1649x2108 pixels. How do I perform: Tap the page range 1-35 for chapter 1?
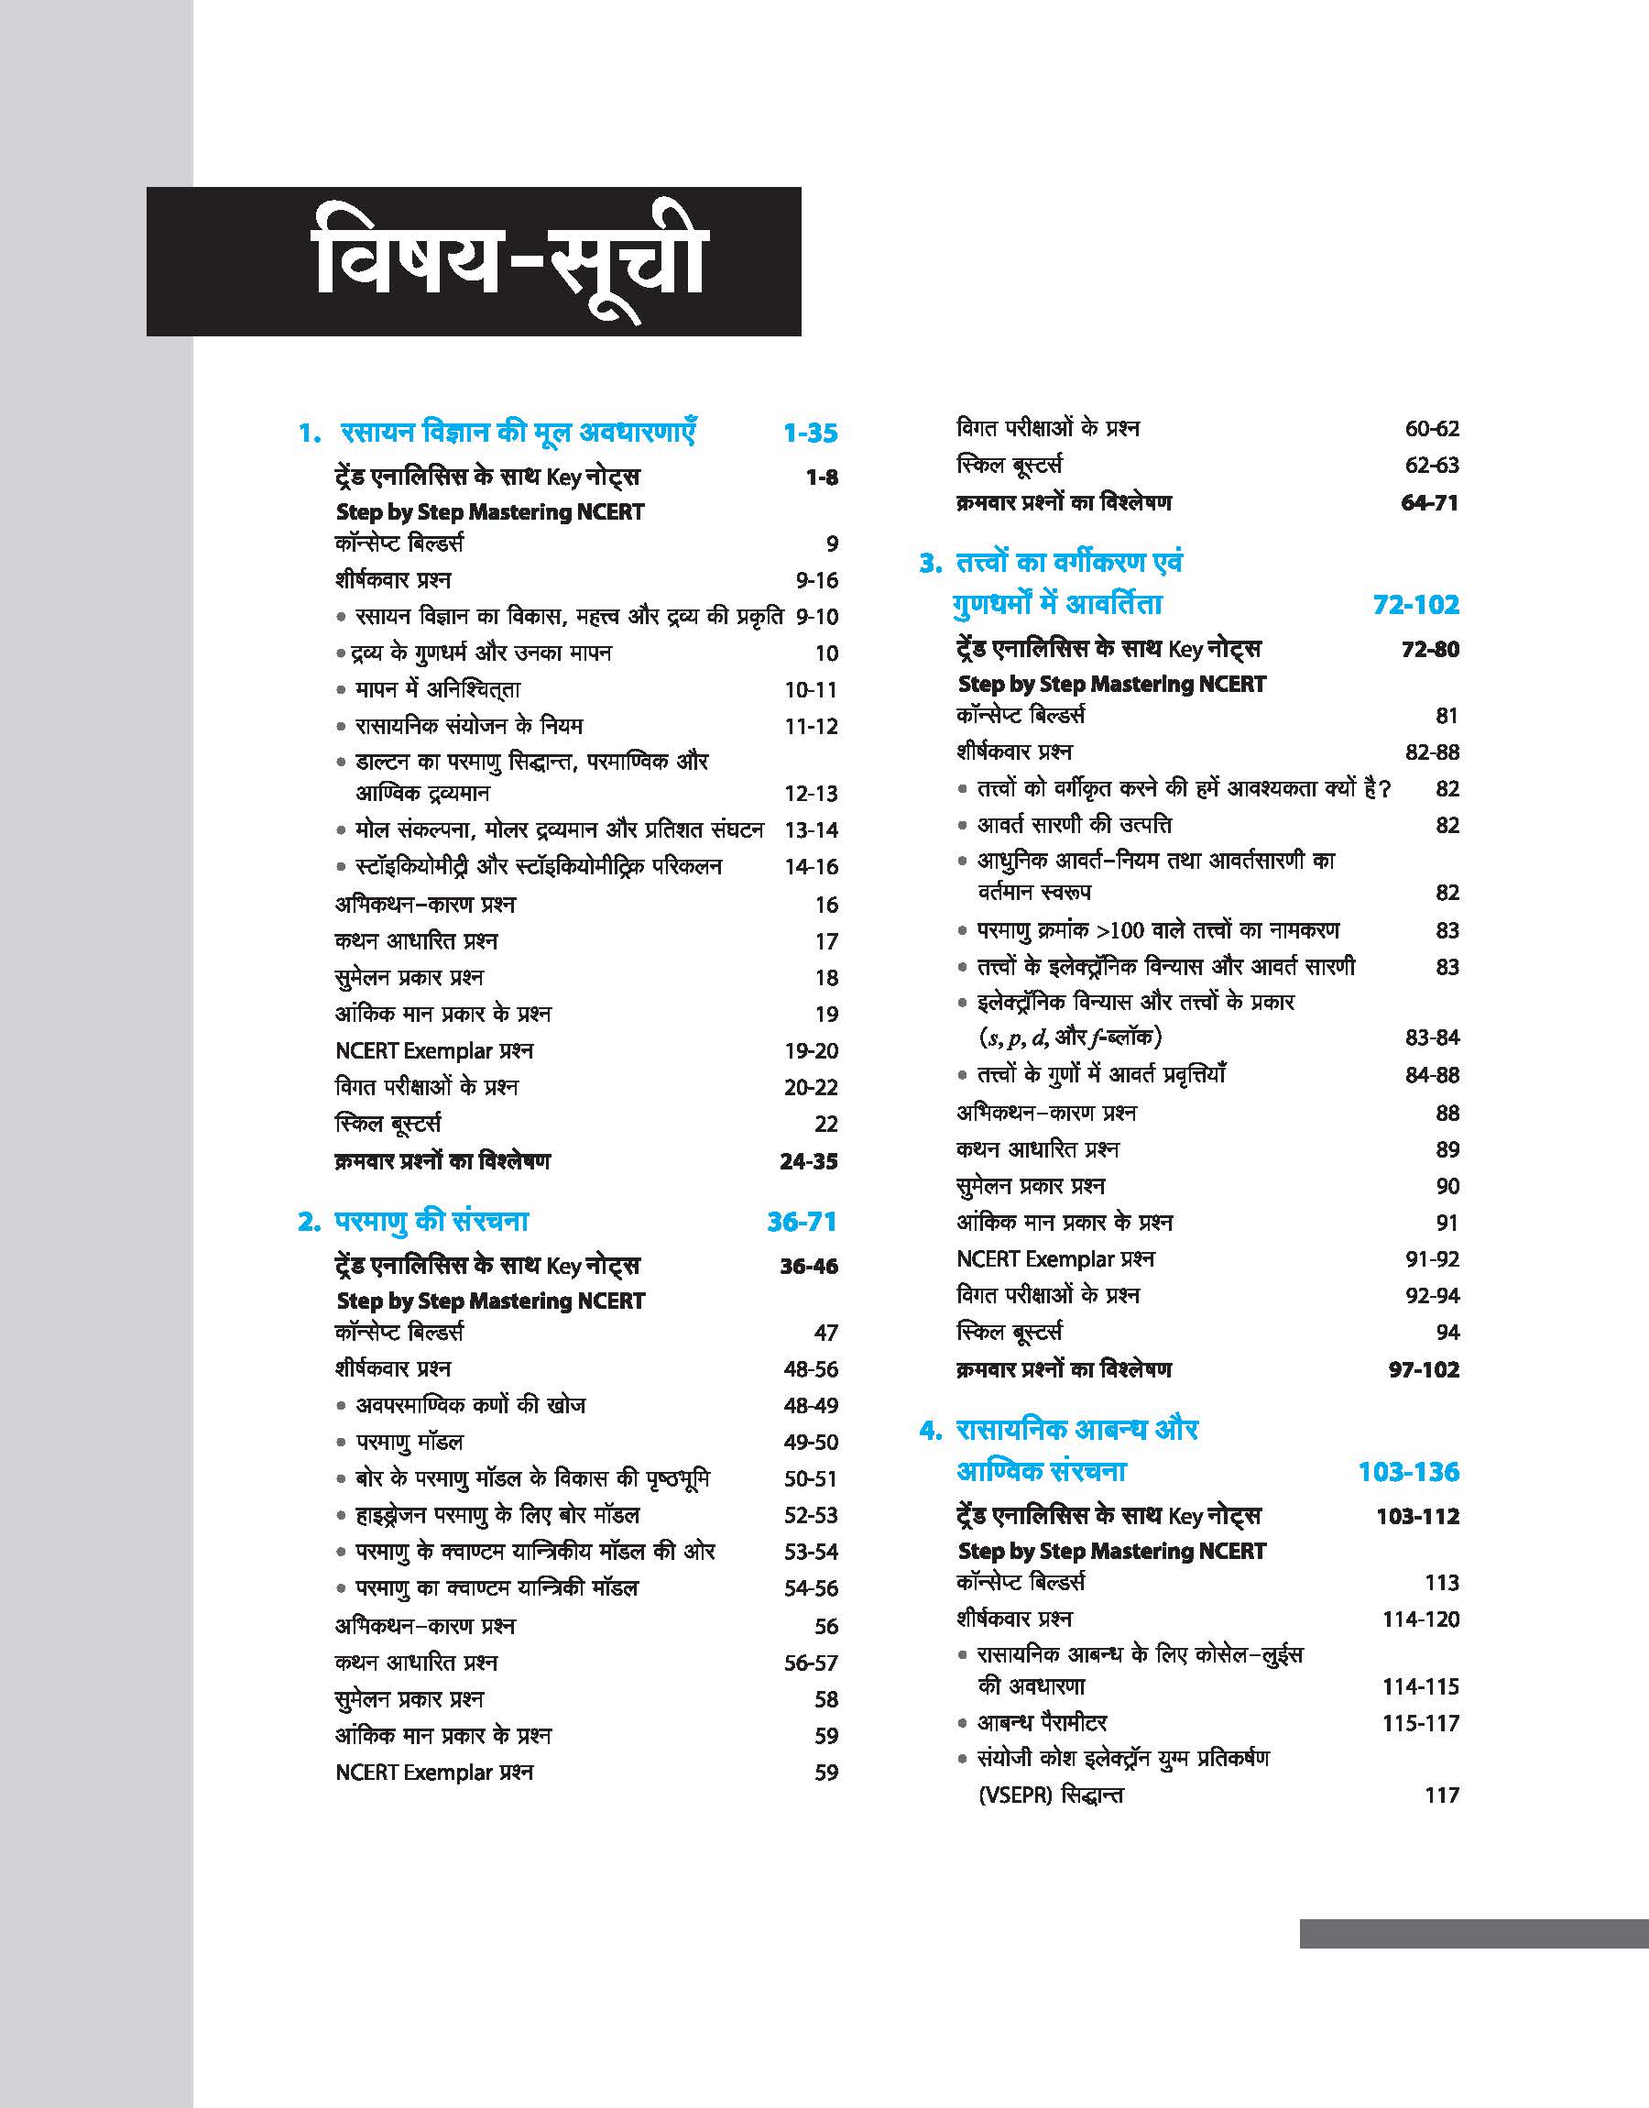tap(810, 433)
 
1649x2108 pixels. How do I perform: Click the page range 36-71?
tap(802, 1222)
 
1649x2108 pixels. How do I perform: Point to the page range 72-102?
tap(1415, 605)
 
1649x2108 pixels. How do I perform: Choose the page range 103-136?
tap(1409, 1472)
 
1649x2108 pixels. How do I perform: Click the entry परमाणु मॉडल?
tap(410, 1442)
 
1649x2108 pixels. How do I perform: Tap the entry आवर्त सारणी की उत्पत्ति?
tap(1075, 825)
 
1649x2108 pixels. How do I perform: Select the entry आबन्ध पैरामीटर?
tap(1042, 1722)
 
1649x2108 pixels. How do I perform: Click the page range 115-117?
tap(1420, 1723)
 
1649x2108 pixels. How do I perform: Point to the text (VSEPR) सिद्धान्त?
tap(1051, 1795)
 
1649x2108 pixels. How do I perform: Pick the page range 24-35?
tap(808, 1160)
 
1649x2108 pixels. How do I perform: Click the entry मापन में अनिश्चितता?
tap(437, 689)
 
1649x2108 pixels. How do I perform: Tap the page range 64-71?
tap(1429, 502)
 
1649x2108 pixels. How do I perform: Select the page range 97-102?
tap(1423, 1369)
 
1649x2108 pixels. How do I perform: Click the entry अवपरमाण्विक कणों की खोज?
tap(470, 1405)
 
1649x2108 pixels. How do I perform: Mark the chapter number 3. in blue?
tap(930, 563)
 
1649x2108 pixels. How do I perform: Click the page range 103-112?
tap(1417, 1516)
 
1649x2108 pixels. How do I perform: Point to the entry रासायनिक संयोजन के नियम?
tap(469, 725)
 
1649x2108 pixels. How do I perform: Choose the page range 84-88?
tap(1432, 1075)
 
